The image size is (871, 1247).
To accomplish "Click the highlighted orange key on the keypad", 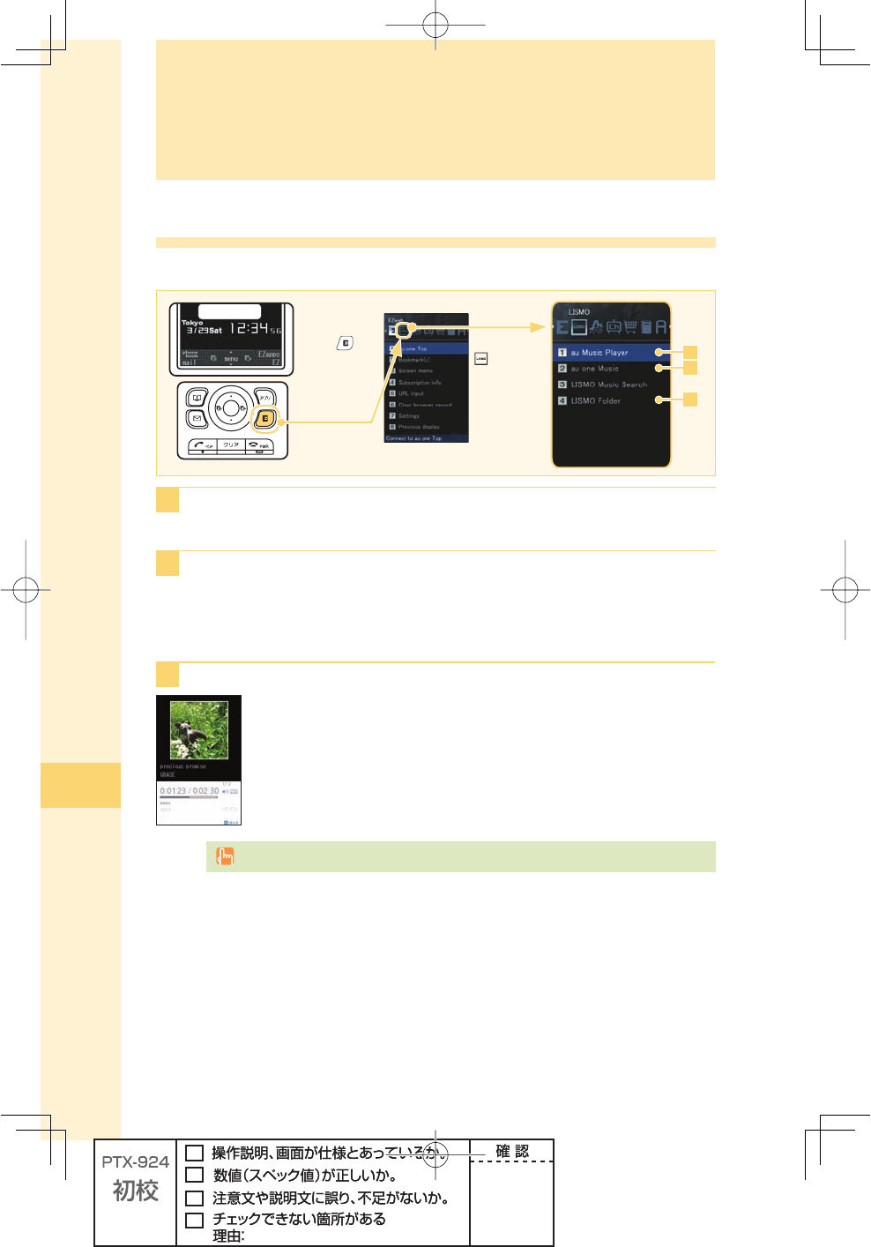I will [x=264, y=418].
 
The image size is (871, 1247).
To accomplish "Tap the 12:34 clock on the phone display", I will [x=249, y=328].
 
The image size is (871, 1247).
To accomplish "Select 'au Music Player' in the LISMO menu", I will [x=599, y=352].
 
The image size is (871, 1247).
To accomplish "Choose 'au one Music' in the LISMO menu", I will [x=594, y=369].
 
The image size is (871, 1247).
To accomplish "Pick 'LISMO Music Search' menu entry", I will [x=608, y=385].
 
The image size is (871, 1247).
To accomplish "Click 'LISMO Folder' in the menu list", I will [x=595, y=400].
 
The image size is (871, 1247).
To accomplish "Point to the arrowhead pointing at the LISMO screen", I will [x=537, y=327].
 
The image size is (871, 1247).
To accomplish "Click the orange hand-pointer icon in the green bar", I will [x=225, y=856].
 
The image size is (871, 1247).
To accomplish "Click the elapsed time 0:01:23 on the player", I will [x=173, y=791].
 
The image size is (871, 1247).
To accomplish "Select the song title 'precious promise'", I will [x=182, y=766].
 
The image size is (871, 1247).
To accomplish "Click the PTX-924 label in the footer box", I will [x=135, y=1162].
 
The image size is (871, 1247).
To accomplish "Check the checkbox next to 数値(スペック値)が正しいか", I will [x=195, y=1175].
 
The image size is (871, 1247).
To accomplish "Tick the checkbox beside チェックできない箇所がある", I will [x=195, y=1221].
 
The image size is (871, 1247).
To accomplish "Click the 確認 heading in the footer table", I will [x=511, y=1151].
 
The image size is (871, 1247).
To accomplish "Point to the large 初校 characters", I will [x=135, y=1191].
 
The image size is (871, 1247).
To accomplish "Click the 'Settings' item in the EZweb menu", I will [x=408, y=415].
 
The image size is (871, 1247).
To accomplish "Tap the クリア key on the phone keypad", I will [x=230, y=445].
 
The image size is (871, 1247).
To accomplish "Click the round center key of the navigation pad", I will [x=230, y=407].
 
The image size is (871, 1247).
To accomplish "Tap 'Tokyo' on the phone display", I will [x=192, y=323].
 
